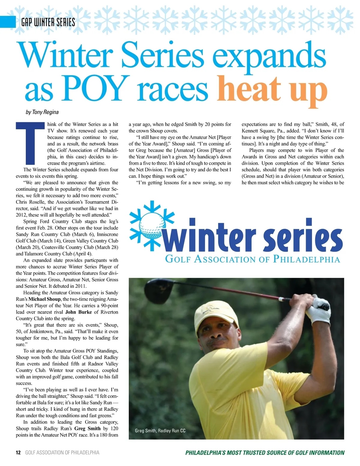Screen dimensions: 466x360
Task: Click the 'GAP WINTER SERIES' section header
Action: coord(48,22)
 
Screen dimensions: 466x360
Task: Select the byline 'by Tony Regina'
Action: coord(42,112)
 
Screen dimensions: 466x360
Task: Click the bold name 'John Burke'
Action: coord(79,312)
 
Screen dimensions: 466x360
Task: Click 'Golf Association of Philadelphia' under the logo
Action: coord(253,259)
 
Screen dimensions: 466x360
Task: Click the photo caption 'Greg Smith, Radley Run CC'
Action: coord(160,431)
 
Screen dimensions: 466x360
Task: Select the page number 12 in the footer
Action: coord(18,452)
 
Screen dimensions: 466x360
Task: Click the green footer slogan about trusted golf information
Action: coord(265,453)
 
